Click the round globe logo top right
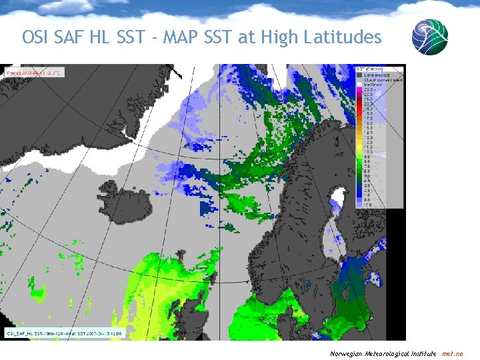tap(429, 36)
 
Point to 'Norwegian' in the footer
tap(347, 353)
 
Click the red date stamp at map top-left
tap(33, 72)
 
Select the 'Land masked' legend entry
tap(377, 75)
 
